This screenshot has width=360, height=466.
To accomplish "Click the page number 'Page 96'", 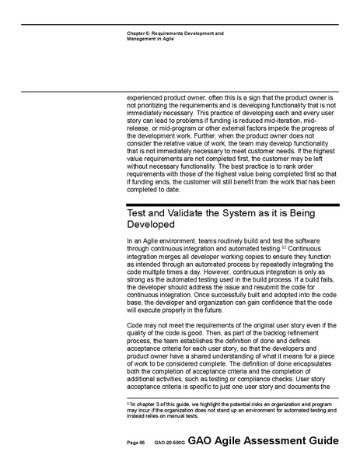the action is (x=135, y=442).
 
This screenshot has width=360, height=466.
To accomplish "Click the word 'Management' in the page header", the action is (x=145, y=39).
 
